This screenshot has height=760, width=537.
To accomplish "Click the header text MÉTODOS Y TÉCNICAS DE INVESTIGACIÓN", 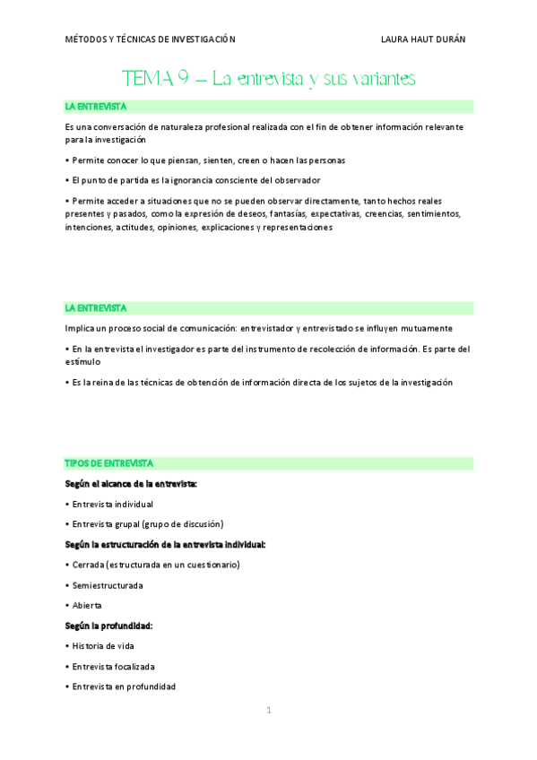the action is click(150, 39).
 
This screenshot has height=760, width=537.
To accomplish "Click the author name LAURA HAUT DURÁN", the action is click(423, 39).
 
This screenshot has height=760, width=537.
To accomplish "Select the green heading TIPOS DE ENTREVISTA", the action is click(108, 463).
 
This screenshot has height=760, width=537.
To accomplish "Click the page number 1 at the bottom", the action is click(268, 711).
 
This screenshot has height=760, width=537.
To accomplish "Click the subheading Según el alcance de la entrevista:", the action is click(131, 484).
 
